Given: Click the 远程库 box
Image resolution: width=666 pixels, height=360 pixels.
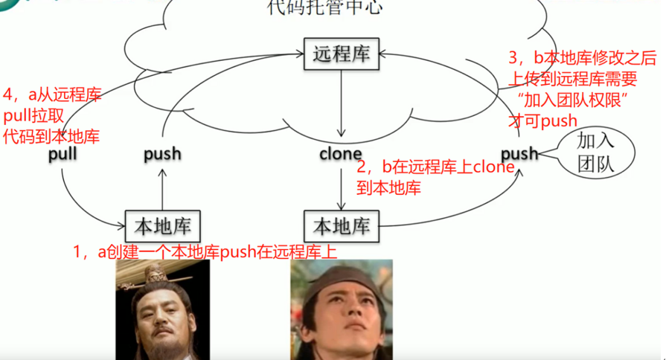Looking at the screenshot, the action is pos(342,54).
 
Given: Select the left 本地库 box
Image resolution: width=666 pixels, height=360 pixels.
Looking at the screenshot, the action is pos(163,225).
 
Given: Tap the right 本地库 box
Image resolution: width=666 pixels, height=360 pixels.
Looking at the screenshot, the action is pos(342,225).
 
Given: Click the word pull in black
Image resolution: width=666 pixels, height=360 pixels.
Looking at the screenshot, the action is pos(63,155).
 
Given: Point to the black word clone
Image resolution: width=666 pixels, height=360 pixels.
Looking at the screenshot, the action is pos(341,155).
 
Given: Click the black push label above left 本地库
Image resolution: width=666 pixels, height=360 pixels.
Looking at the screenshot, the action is pos(162,155).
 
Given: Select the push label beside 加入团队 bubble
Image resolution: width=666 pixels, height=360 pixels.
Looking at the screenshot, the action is pos(519,154).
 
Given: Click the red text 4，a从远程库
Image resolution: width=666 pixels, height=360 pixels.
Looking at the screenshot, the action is pos(52,95).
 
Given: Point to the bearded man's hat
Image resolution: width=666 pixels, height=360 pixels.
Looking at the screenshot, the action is pos(156,279).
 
